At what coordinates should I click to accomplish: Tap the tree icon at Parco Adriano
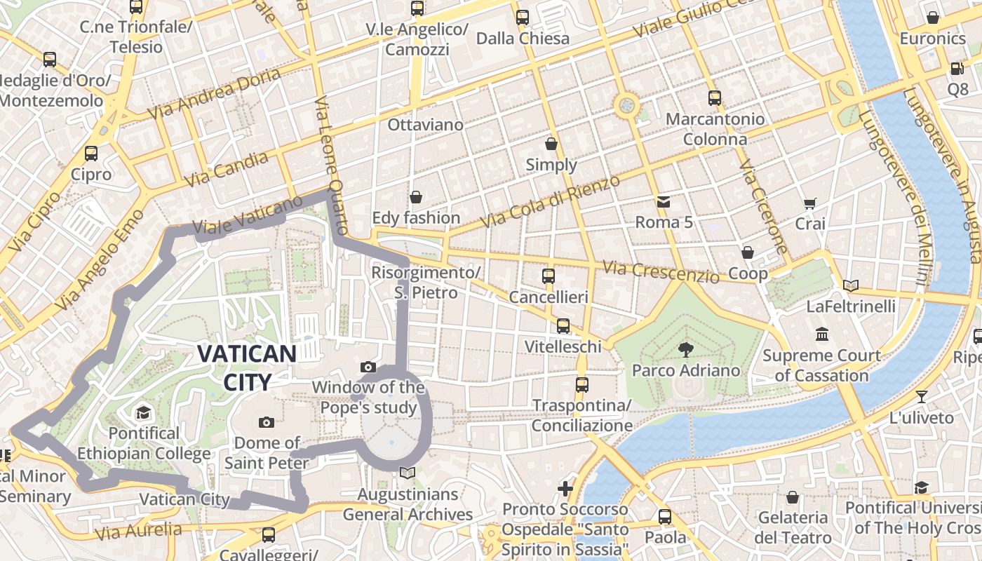tap(685, 349)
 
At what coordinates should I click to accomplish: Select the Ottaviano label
tap(425, 125)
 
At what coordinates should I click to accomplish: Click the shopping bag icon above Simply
tap(551, 144)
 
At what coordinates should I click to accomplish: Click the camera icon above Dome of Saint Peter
tap(266, 422)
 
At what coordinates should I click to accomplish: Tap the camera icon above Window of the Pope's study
tap(368, 367)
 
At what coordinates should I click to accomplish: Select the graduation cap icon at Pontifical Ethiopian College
tap(143, 412)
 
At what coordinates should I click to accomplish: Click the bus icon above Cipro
tap(91, 154)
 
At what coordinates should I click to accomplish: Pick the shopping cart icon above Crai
tap(810, 203)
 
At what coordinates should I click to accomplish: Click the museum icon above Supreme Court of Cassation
tap(821, 334)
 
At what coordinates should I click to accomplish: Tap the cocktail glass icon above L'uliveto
tap(922, 397)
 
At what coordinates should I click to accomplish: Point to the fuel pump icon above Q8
tap(957, 69)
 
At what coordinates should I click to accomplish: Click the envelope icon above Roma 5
tap(664, 202)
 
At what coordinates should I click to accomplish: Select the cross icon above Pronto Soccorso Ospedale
tap(565, 488)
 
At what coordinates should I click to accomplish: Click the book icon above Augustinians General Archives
tap(407, 473)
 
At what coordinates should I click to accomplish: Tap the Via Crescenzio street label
tap(661, 271)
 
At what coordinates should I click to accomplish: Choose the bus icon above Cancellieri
tap(549, 276)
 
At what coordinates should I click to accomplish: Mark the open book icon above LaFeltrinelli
tap(850, 285)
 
